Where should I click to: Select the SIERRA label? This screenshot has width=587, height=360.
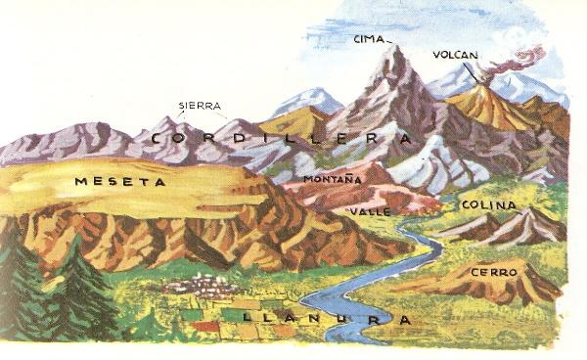coord(200,106)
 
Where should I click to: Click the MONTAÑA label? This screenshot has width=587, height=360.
coord(333,179)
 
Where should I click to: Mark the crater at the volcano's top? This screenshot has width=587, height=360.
coord(488,86)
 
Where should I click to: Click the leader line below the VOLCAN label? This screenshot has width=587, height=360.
coord(473,71)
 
